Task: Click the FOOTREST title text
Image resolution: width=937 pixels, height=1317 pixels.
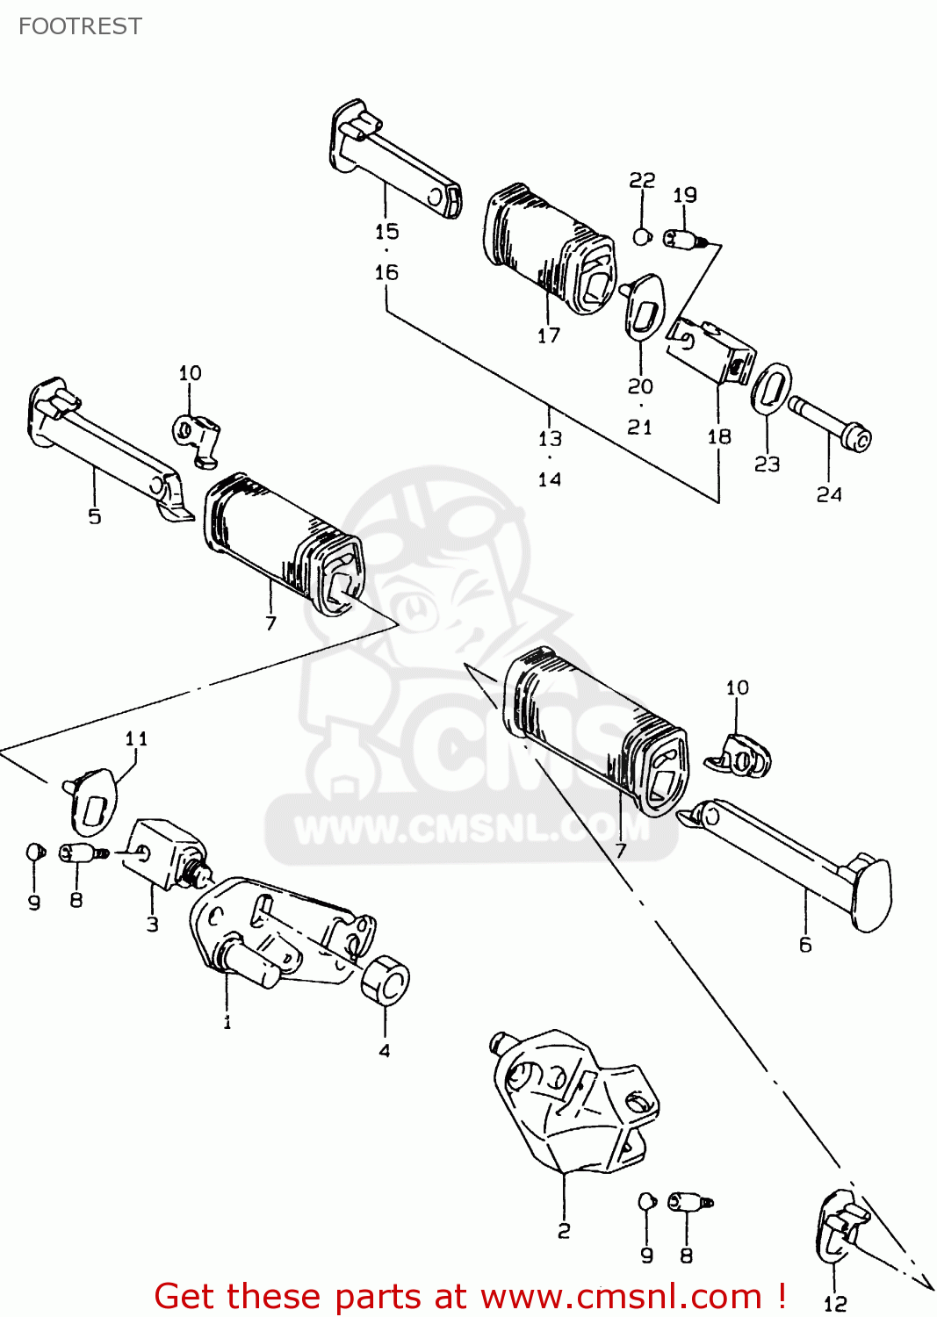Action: [80, 26]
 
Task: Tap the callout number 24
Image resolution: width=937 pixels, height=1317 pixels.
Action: [829, 495]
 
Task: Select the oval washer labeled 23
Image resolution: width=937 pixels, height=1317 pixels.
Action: [771, 388]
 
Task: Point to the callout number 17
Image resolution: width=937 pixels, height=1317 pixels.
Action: [549, 335]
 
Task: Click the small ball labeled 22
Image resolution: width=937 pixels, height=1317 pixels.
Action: [642, 236]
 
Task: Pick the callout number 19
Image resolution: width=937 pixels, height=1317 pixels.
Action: [685, 195]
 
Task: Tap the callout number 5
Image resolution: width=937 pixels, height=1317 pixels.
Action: [95, 516]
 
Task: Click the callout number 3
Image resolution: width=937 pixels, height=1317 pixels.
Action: [153, 924]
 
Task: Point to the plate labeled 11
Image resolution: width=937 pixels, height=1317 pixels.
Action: [94, 801]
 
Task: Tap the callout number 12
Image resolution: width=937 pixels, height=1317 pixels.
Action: [835, 1304]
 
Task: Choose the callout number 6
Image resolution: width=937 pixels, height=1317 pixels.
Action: [805, 945]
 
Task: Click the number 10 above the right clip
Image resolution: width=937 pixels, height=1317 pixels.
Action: [738, 687]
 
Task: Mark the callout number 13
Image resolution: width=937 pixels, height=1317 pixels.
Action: [550, 438]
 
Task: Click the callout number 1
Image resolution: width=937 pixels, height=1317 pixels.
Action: [227, 1022]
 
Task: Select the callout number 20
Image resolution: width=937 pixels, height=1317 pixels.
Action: [640, 386]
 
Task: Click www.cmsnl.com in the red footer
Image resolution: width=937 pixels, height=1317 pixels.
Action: [621, 1297]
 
